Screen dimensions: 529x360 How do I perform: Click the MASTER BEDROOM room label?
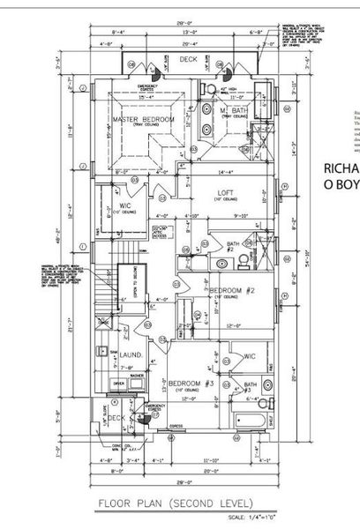(141, 118)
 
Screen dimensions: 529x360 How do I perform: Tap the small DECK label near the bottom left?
(114, 418)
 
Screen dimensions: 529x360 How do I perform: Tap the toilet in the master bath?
(204, 88)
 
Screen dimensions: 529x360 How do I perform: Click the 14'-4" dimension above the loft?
(227, 159)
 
